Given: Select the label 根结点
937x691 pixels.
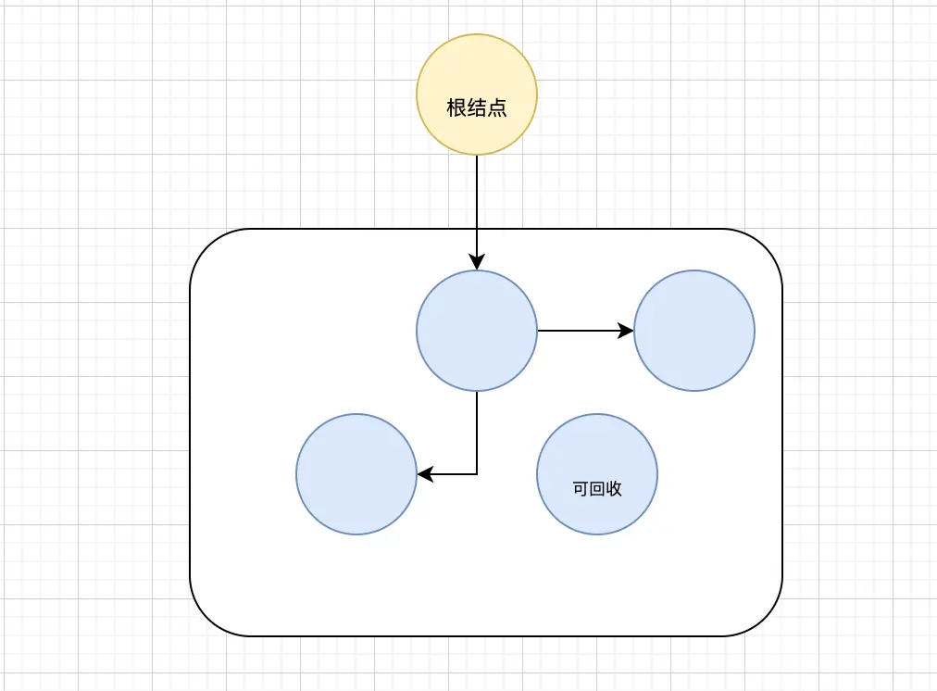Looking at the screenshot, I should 477,108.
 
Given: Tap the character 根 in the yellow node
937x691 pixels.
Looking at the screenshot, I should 456,108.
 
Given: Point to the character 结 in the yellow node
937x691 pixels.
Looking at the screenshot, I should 477,108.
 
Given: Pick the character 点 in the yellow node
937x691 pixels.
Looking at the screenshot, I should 497,108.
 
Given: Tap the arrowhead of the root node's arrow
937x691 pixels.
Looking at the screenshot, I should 477,263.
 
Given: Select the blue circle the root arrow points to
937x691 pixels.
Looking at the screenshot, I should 477,343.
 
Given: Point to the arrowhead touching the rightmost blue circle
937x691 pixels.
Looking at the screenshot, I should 627,330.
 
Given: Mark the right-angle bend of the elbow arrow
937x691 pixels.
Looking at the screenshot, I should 477,474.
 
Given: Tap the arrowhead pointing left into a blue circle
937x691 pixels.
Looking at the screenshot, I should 424,474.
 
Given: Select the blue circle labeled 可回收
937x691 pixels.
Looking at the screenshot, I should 597,445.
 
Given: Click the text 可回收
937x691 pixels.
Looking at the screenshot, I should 597,489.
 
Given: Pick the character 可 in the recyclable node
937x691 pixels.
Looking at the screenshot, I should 581,489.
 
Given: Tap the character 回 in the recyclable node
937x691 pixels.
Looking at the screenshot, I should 597,489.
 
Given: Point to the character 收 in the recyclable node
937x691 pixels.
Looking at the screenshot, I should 614,489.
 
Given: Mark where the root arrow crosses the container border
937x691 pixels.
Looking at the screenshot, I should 477,229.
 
